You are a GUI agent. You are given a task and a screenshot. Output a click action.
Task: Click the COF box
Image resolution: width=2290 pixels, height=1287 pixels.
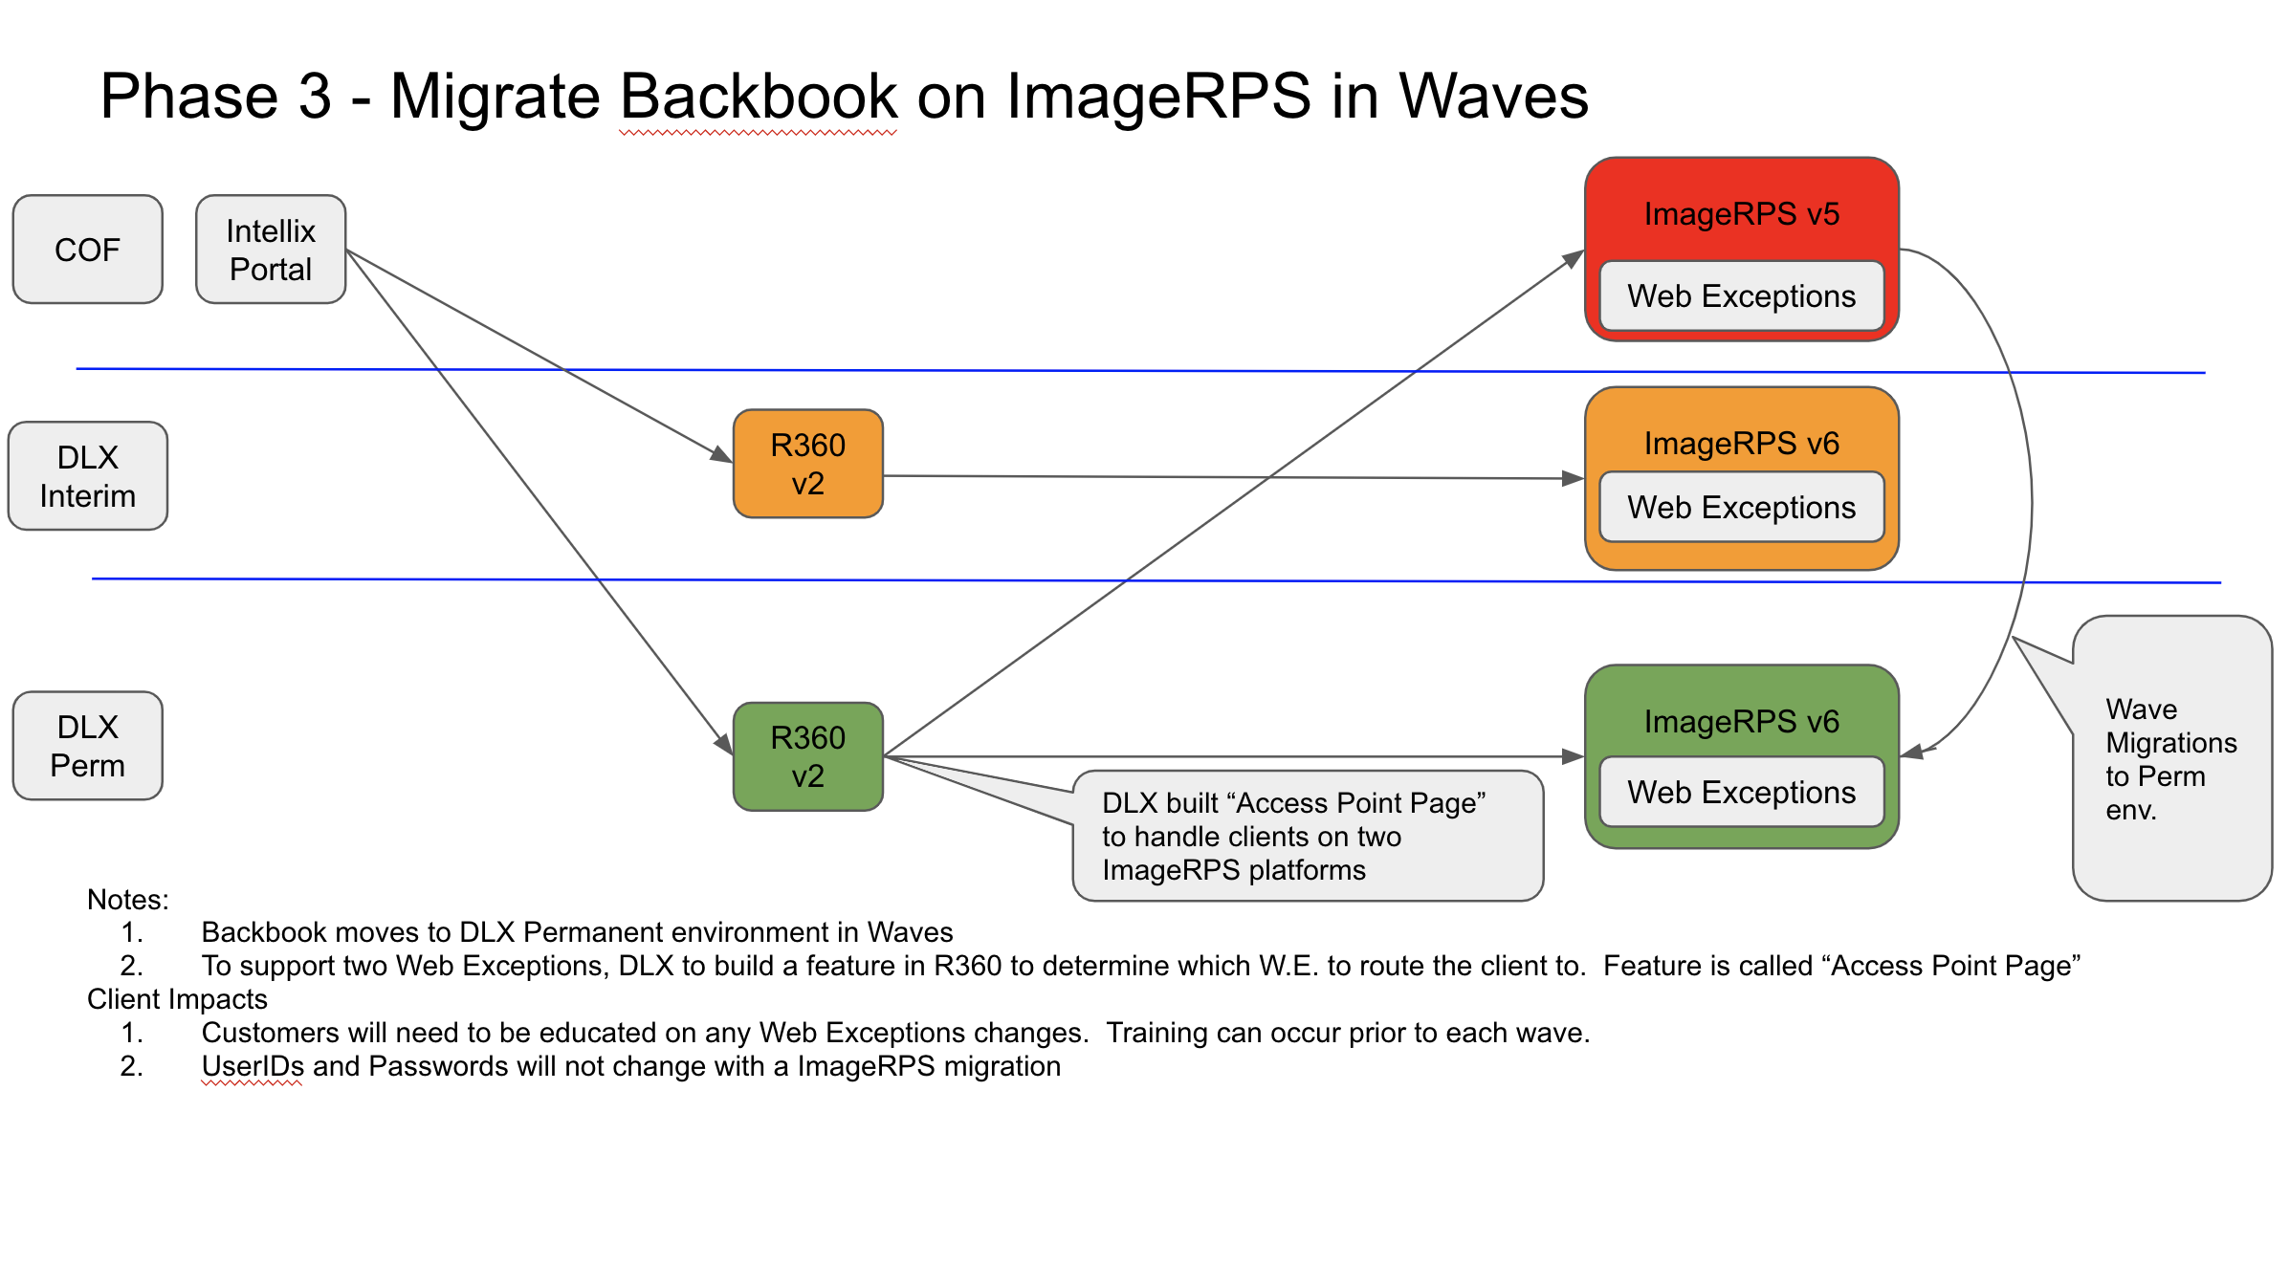(87, 250)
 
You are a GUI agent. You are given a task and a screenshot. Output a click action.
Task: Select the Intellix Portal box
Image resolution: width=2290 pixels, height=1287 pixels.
(271, 250)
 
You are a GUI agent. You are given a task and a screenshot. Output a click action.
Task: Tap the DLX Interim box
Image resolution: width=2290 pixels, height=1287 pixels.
(87, 476)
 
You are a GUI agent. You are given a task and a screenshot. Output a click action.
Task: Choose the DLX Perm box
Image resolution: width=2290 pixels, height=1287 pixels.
(87, 746)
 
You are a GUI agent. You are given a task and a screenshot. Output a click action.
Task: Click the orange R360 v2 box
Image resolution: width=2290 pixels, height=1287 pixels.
(807, 464)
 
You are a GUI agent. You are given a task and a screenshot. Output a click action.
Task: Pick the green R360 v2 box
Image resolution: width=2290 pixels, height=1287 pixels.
(807, 756)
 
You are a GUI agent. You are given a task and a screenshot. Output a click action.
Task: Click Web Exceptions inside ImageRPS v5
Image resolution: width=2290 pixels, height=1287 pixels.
(1741, 296)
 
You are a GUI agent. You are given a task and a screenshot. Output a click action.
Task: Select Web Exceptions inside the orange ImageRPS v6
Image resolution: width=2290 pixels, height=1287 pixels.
(1741, 507)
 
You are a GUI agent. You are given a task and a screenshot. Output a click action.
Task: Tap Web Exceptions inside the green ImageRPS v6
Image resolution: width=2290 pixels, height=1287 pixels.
(1741, 792)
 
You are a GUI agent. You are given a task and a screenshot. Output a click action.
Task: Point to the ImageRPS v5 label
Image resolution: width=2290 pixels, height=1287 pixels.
(1741, 214)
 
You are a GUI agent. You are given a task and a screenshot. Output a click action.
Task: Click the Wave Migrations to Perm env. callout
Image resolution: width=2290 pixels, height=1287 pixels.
(2170, 758)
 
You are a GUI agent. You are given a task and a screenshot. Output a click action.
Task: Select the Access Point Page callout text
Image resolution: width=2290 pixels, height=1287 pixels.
(1293, 836)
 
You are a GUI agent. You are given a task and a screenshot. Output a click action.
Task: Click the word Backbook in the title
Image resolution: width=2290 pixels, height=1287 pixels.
(758, 97)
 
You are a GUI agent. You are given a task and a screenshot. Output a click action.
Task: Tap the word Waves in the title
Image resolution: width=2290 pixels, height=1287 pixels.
(1492, 97)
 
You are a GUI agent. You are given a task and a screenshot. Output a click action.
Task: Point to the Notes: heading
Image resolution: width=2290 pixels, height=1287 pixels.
(127, 900)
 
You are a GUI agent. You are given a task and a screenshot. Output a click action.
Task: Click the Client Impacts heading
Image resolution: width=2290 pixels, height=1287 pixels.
(177, 999)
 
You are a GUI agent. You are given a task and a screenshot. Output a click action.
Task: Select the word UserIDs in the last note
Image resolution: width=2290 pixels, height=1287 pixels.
(253, 1066)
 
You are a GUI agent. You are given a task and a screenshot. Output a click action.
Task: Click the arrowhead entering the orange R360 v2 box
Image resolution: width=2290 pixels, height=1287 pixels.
(723, 455)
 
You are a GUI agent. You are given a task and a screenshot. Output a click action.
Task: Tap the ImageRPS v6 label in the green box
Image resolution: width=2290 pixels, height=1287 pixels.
(1741, 722)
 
